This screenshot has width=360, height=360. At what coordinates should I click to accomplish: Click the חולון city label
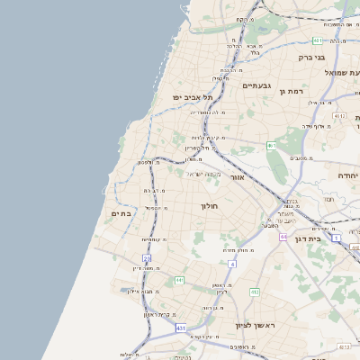209,206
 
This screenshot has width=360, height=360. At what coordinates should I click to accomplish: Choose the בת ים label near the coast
121,213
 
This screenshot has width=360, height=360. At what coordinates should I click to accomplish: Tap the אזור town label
238,177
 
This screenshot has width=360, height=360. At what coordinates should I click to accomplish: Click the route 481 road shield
319,40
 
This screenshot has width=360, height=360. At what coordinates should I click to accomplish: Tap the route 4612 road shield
338,116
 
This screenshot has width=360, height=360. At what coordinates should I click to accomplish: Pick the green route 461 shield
271,145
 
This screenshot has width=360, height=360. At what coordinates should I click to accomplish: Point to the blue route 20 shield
147,258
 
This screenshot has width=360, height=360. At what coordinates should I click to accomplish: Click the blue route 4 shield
231,264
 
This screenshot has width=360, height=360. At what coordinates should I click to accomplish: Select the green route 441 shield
180,280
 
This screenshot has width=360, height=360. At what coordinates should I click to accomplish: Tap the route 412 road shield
255,292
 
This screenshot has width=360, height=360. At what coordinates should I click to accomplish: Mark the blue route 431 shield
181,328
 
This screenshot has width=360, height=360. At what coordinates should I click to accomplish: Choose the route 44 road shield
282,237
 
